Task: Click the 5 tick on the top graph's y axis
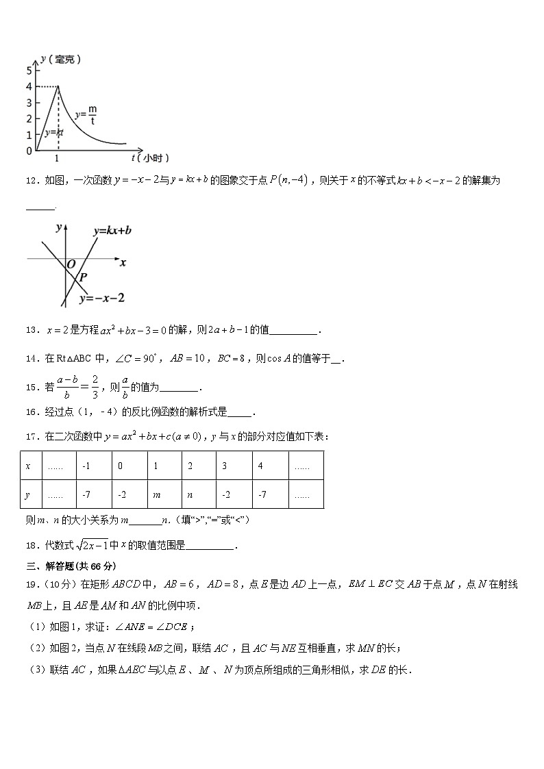tap(29, 70)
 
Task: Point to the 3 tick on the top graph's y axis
tap(29, 102)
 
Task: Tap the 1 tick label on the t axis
tap(58, 158)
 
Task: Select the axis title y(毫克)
tap(61, 60)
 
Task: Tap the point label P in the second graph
tap(84, 277)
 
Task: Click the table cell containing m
tap(164, 494)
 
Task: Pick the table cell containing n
tap(199, 494)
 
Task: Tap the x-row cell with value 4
tap(270, 466)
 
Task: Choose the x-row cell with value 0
tap(129, 466)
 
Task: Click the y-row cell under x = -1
tap(95, 494)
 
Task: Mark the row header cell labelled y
tap(31, 494)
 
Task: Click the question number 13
tap(31, 330)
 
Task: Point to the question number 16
tap(31, 412)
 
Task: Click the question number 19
tap(31, 584)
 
